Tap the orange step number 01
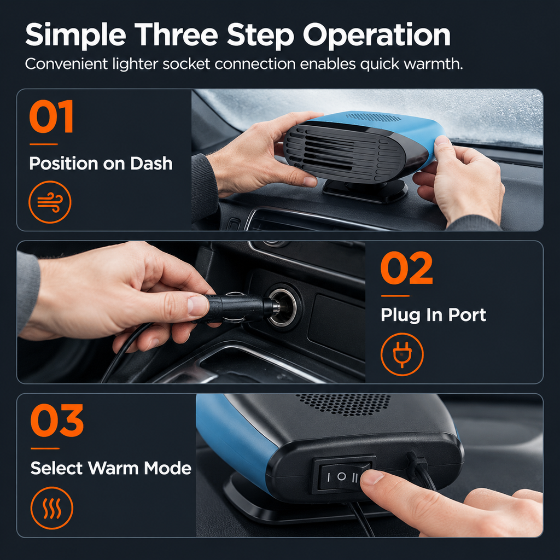point(51,116)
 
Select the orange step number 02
point(406,268)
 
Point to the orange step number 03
point(57,421)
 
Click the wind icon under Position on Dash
point(50,202)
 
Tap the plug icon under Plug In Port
point(402,354)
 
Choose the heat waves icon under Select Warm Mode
point(52,508)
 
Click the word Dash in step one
point(151,163)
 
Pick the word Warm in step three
point(114,468)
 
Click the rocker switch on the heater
point(344,475)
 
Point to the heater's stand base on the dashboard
point(365,191)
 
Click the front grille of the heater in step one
point(344,153)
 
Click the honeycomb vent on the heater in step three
point(343,404)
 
